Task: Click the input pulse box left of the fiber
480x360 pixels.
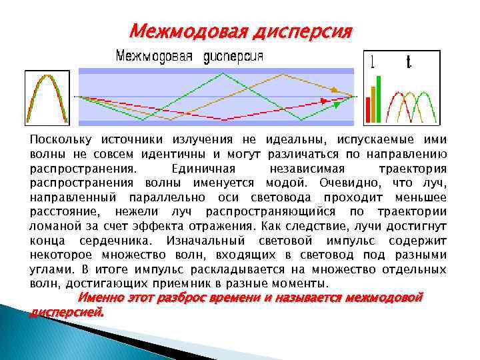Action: point(46,97)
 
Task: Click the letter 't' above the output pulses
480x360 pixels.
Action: point(408,63)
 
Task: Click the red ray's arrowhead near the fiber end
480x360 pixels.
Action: point(325,101)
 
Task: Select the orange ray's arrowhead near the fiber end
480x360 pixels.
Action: point(335,88)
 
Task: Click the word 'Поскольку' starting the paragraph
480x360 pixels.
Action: point(61,140)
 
